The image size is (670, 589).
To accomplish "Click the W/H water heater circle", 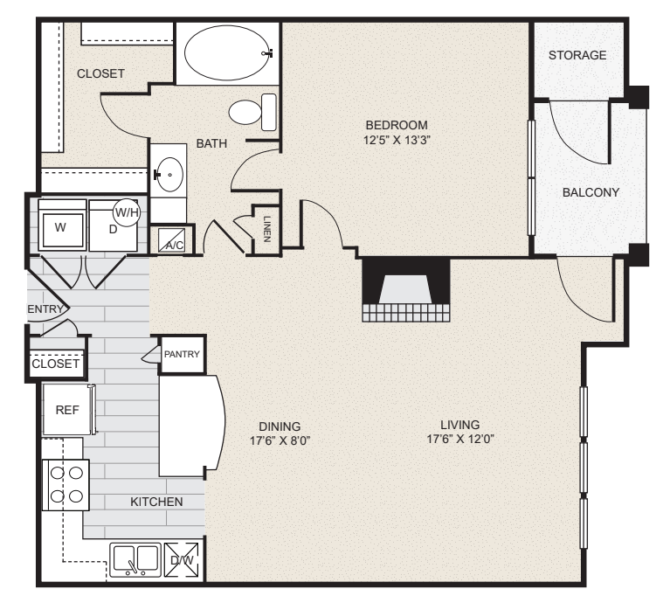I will coord(127,211).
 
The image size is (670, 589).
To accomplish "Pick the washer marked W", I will coord(60,227).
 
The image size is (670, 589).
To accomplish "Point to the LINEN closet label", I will coord(266,231).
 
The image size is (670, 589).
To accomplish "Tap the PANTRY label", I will coord(183,354).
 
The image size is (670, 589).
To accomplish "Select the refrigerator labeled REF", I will coord(68,409).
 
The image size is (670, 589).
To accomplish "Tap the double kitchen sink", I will coord(135,559).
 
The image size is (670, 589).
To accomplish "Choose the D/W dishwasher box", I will coord(183,560).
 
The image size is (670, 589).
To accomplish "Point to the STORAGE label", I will coord(577,55).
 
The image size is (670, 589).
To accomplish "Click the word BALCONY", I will coord(591,192).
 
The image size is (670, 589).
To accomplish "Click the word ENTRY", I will coord(45,309).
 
